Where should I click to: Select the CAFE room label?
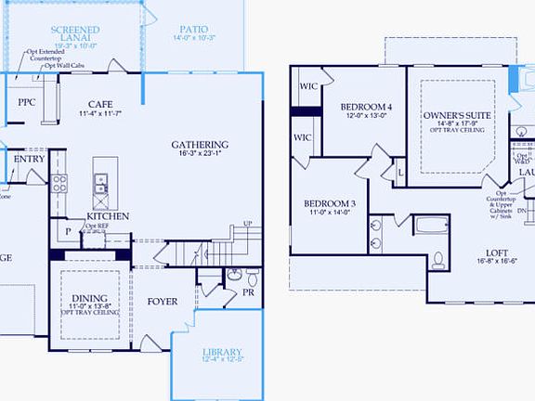click(101, 104)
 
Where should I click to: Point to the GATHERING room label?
click(200, 144)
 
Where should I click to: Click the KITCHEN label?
click(108, 215)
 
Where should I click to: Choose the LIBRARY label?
click(222, 351)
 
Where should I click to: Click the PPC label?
click(27, 102)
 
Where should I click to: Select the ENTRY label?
click(29, 159)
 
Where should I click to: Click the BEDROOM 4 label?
click(366, 107)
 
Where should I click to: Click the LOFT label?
click(498, 252)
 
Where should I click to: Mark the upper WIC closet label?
click(308, 87)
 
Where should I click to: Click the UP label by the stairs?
click(247, 224)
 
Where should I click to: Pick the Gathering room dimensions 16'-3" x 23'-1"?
click(200, 156)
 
